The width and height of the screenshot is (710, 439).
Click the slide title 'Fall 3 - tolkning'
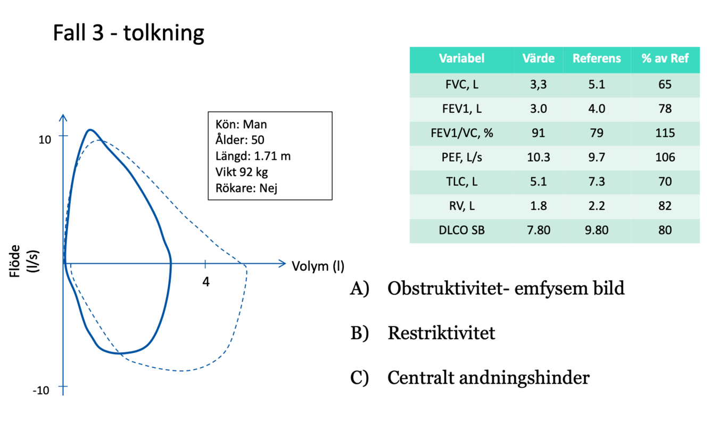[128, 33]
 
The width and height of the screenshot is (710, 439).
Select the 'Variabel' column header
[461, 59]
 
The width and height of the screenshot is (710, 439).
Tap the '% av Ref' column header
[664, 59]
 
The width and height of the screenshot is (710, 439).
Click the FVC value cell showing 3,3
[538, 85]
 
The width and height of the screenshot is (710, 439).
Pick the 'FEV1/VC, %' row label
[461, 133]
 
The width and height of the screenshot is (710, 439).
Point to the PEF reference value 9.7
[596, 157]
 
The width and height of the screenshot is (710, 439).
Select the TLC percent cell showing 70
[664, 181]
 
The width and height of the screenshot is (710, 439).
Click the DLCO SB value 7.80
[538, 230]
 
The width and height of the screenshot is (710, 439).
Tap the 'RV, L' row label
[461, 206]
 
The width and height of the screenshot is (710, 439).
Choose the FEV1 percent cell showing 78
[664, 109]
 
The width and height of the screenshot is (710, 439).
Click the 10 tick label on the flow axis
[45, 139]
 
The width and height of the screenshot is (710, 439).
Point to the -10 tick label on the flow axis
[41, 391]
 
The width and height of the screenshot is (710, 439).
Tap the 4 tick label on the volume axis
[206, 281]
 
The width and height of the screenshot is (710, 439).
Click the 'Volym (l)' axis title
[318, 266]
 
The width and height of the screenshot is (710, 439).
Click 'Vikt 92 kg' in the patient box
[242, 172]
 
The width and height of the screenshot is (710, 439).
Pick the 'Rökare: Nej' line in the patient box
[247, 188]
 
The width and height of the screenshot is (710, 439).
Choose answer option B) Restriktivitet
[441, 334]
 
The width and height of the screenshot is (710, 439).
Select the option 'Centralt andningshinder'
[488, 378]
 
